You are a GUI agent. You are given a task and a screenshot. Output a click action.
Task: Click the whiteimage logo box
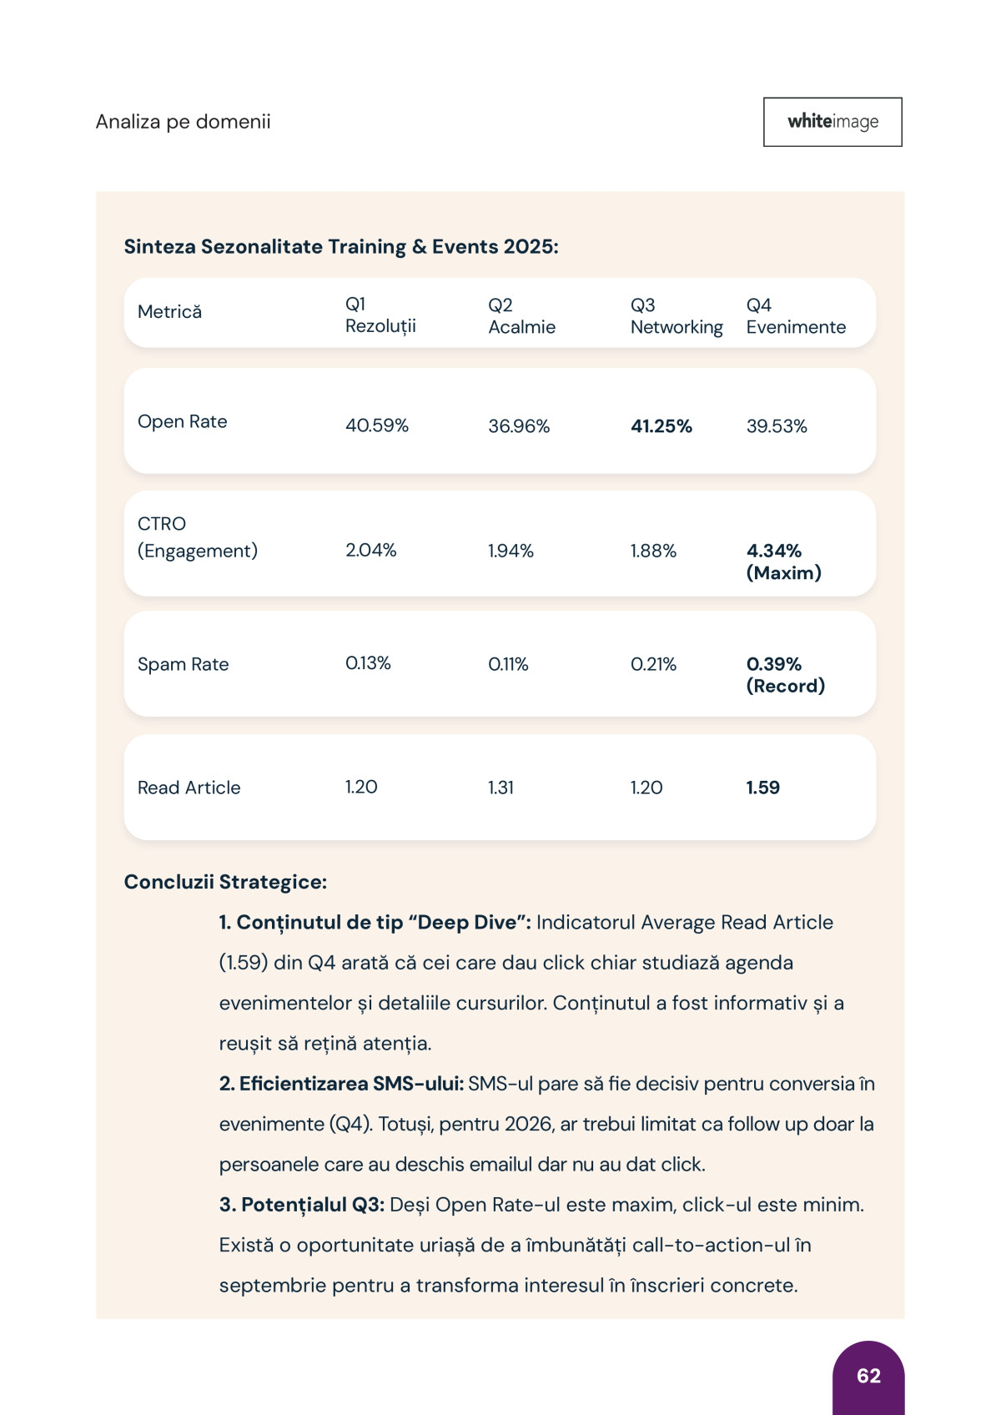tap(832, 122)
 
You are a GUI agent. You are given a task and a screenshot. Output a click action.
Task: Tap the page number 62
tap(868, 1376)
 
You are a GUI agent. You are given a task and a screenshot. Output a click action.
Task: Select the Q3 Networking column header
tap(676, 316)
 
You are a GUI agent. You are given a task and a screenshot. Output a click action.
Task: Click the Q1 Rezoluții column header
tap(380, 315)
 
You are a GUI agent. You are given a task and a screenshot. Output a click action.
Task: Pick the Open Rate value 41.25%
tap(661, 426)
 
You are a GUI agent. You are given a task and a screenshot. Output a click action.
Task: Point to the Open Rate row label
tap(182, 422)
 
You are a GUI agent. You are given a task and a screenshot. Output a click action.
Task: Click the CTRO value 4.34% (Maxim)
tap(782, 561)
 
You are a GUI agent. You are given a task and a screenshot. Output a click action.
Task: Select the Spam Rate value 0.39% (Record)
tap(784, 675)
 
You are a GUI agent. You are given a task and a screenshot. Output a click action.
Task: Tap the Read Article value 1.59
tap(762, 788)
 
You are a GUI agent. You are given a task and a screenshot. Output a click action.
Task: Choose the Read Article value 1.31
tap(500, 788)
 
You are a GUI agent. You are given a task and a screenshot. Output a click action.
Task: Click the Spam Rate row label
tap(183, 665)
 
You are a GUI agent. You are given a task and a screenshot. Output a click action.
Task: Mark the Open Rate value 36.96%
tap(519, 426)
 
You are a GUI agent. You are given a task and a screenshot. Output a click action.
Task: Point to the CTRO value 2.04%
tap(370, 551)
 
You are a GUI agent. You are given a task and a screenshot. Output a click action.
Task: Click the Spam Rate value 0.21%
tap(653, 665)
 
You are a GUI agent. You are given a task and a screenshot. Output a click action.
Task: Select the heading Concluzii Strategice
tap(225, 883)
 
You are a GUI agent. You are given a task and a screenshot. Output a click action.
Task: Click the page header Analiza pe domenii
tap(183, 122)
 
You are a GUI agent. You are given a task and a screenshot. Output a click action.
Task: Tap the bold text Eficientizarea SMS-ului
tap(341, 1084)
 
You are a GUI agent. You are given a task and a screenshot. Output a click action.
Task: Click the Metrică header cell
tap(169, 312)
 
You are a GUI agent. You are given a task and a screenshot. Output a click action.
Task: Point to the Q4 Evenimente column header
tap(795, 316)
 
